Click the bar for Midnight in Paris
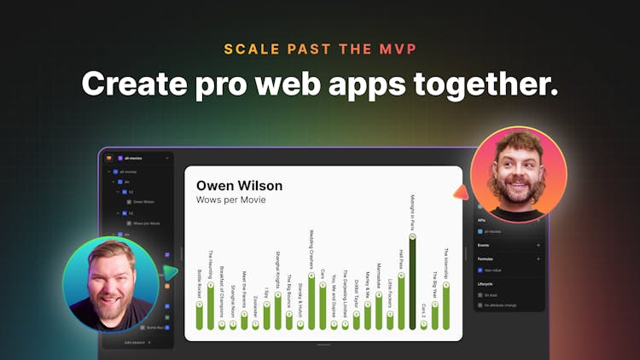pyautogui.click(x=412, y=282)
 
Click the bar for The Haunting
pyautogui.click(x=211, y=307)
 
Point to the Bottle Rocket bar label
pyautogui.click(x=200, y=281)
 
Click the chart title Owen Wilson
pyautogui.click(x=239, y=185)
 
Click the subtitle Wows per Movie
pyautogui.click(x=231, y=200)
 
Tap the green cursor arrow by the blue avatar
pyautogui.click(x=172, y=273)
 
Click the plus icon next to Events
pyautogui.click(x=538, y=245)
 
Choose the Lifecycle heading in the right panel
pyautogui.click(x=486, y=283)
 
